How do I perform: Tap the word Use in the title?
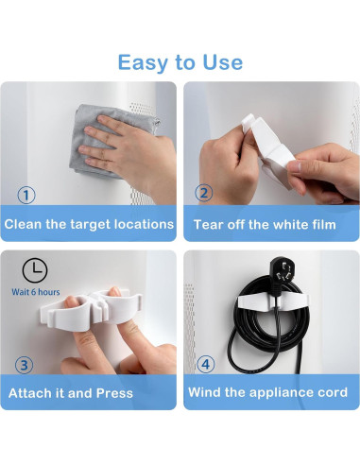(x=223, y=62)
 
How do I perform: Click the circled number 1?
(x=26, y=195)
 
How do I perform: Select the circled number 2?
(x=204, y=193)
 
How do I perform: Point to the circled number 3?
(x=24, y=365)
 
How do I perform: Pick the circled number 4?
(x=206, y=364)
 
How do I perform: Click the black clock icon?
(x=35, y=270)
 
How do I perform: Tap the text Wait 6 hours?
(x=36, y=292)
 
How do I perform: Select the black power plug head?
(x=283, y=270)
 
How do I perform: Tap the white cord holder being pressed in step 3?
(x=91, y=310)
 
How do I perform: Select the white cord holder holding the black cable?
(x=273, y=301)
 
